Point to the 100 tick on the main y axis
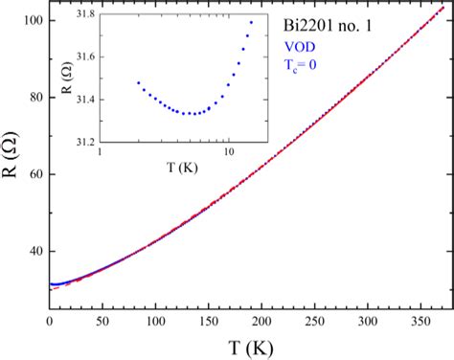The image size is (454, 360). click(x=31, y=20)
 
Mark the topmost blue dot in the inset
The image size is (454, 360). click(x=252, y=22)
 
